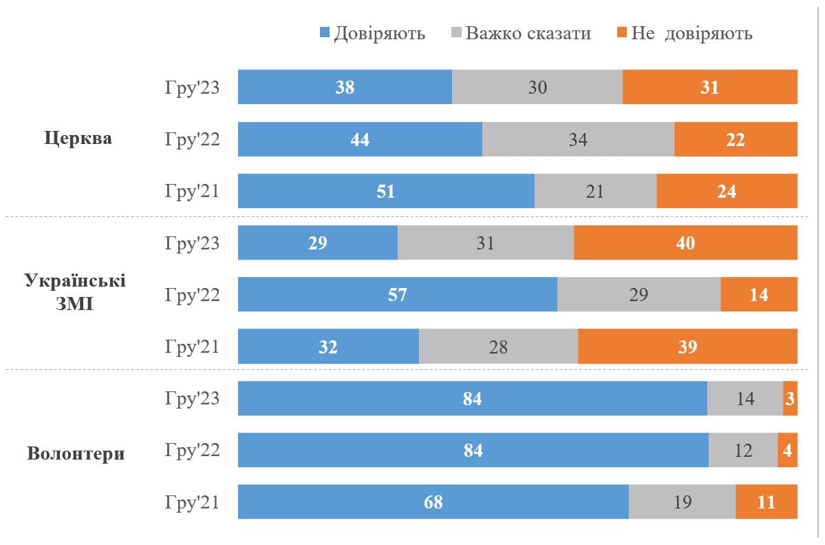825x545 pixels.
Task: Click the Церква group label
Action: click(78, 138)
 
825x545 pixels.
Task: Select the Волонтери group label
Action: click(76, 454)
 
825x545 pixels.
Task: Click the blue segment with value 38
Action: click(345, 87)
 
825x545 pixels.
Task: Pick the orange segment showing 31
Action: click(709, 87)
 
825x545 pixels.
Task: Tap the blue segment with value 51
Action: click(386, 191)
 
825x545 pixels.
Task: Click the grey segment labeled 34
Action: click(578, 139)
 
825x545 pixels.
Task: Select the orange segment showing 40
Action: click(685, 243)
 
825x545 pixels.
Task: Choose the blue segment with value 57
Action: click(397, 295)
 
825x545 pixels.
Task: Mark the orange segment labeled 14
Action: click(758, 295)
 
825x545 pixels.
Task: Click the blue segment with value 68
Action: click(433, 502)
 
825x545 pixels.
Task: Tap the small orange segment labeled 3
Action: click(790, 398)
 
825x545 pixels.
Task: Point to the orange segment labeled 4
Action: click(787, 450)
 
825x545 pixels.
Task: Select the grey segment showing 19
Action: click(682, 502)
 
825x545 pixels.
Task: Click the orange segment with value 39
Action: click(687, 347)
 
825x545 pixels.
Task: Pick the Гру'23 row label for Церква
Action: click(192, 88)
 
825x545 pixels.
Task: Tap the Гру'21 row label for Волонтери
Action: click(192, 502)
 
